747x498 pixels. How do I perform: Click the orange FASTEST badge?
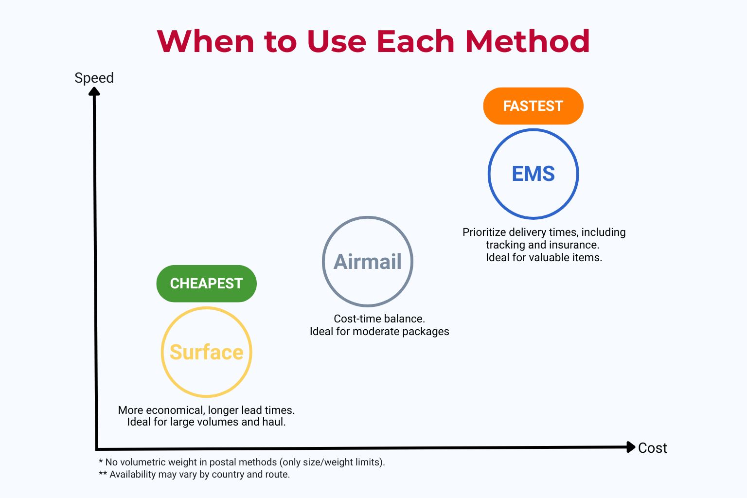(x=533, y=106)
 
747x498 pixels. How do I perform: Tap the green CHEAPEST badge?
(x=206, y=284)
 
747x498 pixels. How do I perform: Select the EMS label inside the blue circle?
(x=533, y=174)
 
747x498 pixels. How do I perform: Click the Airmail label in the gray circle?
(x=368, y=262)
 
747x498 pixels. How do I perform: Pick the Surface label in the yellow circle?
(x=206, y=352)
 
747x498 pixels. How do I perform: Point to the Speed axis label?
(x=94, y=78)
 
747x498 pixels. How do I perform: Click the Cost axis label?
(x=652, y=448)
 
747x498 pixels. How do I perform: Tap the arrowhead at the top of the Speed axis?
(x=94, y=91)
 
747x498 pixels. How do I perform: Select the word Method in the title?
(x=527, y=41)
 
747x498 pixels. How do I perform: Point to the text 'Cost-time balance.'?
(x=379, y=319)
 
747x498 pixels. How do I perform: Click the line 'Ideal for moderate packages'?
(x=379, y=331)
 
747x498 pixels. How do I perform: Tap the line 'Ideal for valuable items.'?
(x=544, y=257)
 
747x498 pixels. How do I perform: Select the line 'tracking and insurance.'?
(x=542, y=245)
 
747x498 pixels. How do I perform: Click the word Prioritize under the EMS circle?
(x=484, y=232)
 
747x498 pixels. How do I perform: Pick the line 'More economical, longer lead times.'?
(x=206, y=410)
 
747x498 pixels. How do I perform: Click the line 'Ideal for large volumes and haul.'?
(x=206, y=422)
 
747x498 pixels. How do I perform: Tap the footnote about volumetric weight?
(x=242, y=462)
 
